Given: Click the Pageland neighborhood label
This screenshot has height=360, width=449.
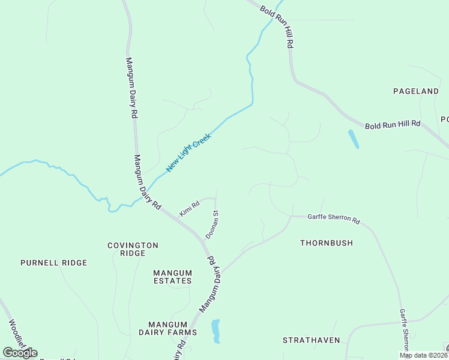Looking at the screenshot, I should click(416, 91).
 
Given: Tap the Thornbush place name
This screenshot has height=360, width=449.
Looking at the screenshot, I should click(327, 243).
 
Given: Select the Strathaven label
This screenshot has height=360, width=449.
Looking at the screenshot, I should click(312, 340).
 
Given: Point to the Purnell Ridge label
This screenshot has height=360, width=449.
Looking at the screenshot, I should click(53, 263).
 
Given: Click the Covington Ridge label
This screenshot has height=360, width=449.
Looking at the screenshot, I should click(133, 249).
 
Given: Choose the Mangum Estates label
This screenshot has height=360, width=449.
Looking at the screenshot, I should click(172, 277).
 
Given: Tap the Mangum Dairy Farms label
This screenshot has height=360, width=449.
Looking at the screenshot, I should click(167, 328).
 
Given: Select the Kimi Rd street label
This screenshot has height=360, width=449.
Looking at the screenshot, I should click(188, 209).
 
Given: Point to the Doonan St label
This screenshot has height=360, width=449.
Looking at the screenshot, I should click(212, 224).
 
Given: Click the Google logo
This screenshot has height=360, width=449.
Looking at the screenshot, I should click(20, 353).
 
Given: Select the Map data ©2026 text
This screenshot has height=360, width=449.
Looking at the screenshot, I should click(423, 355).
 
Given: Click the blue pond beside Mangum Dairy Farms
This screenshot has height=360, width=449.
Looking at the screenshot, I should click(215, 331).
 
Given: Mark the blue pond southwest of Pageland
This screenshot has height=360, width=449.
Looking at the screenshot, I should click(353, 139).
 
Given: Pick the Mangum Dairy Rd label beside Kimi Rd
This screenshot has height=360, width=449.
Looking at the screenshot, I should click(147, 182).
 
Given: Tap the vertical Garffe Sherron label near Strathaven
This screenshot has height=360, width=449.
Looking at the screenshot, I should click(405, 333).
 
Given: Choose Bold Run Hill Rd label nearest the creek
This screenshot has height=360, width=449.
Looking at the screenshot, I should click(277, 26).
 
